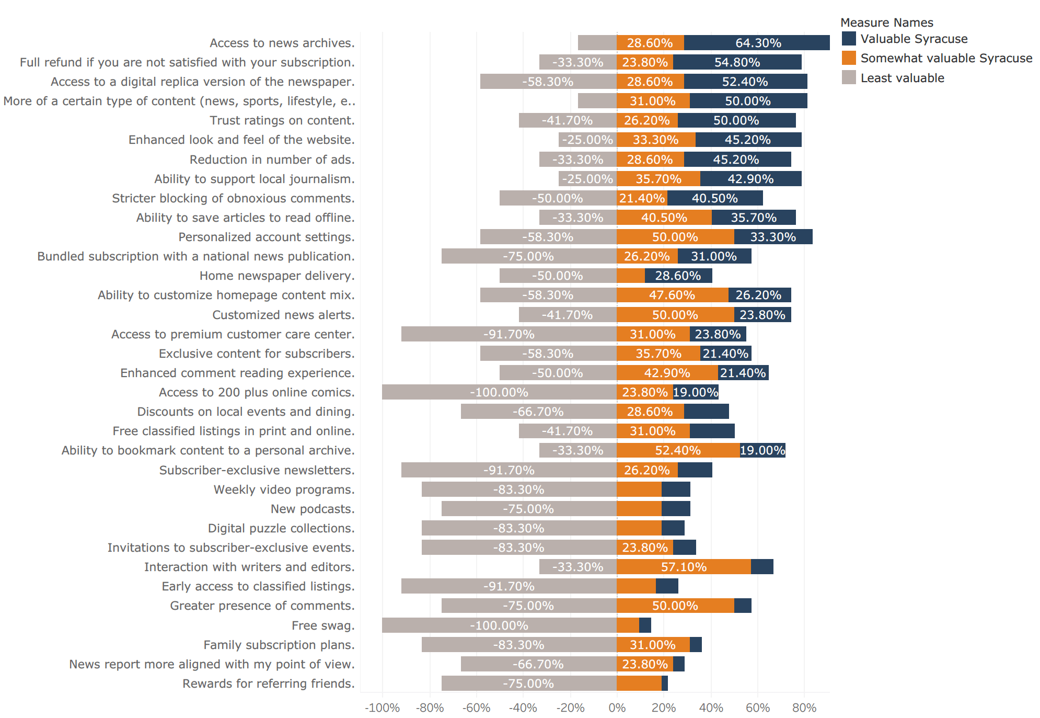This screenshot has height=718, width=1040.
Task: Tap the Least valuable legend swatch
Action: (849, 78)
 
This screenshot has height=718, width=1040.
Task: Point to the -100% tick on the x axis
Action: (382, 708)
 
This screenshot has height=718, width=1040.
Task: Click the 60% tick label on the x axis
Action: (757, 708)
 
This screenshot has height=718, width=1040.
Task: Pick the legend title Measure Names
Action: (886, 22)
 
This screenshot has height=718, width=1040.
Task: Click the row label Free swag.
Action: (323, 625)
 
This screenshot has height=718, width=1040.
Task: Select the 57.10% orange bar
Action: (684, 567)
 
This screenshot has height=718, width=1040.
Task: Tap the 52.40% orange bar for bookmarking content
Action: (678, 450)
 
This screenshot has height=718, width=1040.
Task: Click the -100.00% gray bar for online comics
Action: (499, 392)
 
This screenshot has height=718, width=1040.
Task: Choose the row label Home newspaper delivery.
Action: (276, 276)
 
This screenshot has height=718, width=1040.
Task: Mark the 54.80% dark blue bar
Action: (737, 62)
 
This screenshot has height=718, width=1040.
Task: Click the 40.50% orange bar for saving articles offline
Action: (664, 218)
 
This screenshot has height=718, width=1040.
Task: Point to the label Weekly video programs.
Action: (284, 489)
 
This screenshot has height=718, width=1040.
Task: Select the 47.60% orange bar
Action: (672, 295)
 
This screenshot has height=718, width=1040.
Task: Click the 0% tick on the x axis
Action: (617, 708)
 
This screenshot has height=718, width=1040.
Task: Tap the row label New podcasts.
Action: (312, 509)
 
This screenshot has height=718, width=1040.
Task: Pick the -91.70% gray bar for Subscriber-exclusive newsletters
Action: (509, 470)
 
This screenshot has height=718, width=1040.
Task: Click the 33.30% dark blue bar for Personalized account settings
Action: (773, 237)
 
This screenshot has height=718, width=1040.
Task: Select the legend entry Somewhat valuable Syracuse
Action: (946, 58)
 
